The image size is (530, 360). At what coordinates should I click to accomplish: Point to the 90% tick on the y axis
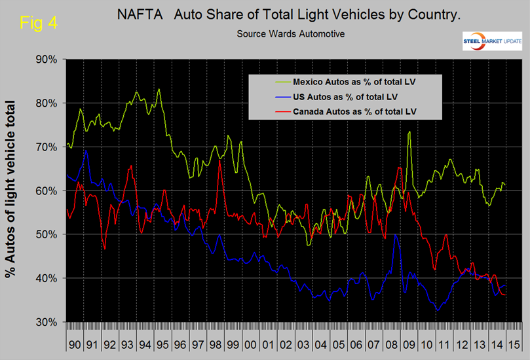[47, 60]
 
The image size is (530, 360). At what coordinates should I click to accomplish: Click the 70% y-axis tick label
[47, 147]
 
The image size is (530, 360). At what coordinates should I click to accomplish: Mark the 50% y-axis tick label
[47, 234]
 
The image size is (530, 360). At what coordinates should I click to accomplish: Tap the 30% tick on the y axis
[47, 322]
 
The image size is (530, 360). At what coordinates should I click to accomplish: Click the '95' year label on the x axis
[160, 343]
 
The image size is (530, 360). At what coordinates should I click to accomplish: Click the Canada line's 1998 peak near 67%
[219, 160]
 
